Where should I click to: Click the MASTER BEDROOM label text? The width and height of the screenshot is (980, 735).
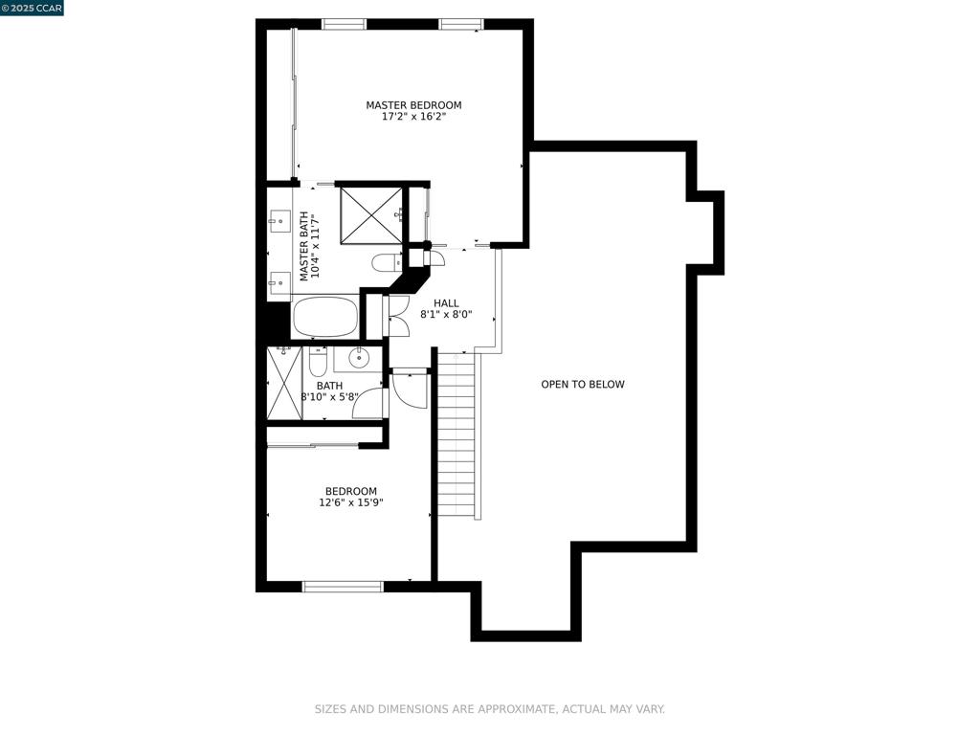point(413,105)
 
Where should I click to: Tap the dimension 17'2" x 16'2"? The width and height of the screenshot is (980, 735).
point(413,117)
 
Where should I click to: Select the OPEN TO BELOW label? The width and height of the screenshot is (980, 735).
point(582,385)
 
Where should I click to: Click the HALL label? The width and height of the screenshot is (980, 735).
point(446,303)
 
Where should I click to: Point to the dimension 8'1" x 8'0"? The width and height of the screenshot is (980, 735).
point(446,314)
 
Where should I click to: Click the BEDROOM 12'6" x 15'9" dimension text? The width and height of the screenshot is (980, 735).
point(351,502)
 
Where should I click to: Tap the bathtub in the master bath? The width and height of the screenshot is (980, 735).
point(324,316)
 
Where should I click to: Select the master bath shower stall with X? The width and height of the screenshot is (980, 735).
point(371,214)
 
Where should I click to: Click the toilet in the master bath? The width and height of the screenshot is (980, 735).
point(388,262)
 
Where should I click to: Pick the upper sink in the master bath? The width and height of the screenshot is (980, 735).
point(279,222)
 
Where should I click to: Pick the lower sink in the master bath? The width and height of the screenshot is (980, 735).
point(279,280)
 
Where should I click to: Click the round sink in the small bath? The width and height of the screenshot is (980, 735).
point(359,359)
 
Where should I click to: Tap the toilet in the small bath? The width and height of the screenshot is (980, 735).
point(319,362)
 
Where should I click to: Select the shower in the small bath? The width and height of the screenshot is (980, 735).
point(284,383)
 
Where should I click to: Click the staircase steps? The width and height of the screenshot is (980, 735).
point(457,435)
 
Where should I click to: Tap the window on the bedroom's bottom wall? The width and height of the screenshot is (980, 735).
point(343,586)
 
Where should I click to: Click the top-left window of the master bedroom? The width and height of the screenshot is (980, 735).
point(344,24)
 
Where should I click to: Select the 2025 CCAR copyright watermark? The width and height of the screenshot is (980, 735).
point(32,8)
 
